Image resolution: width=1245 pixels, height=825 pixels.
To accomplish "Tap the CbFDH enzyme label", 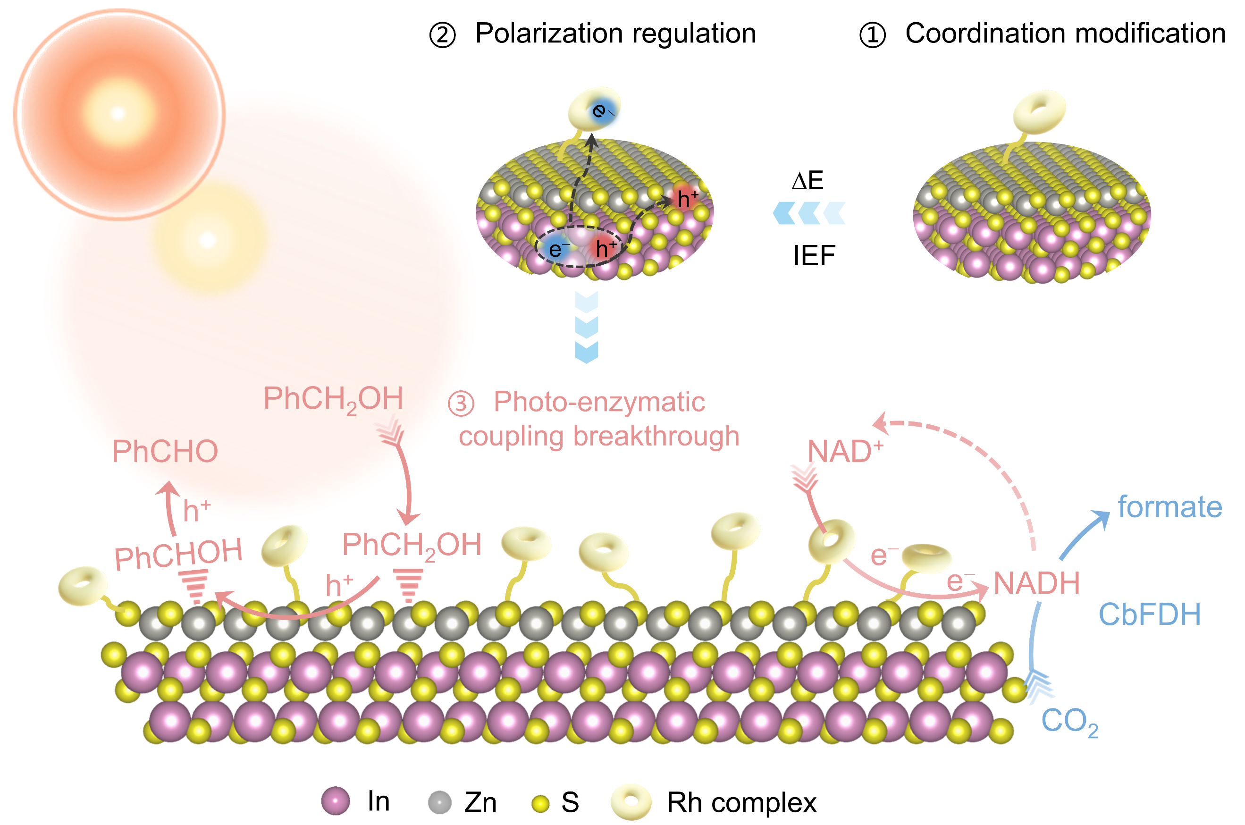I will [x=1149, y=615].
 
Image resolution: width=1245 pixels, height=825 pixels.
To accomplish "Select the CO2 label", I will [x=1069, y=721].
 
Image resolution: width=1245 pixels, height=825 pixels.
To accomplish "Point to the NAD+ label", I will [x=844, y=451].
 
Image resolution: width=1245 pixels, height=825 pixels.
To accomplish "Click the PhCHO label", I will [x=165, y=451].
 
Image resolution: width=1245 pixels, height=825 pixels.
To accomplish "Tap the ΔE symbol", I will [x=807, y=180].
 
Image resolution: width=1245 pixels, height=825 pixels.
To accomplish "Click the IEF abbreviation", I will [x=814, y=256].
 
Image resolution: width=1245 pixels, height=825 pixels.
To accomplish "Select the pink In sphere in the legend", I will [x=335, y=801].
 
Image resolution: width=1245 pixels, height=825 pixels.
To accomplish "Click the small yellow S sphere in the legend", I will [x=540, y=803].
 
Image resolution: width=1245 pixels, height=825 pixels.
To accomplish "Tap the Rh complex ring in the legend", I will [x=631, y=802].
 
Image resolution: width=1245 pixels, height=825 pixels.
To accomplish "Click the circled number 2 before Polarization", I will [x=442, y=35].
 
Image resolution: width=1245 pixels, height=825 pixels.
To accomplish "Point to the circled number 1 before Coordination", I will [x=872, y=35].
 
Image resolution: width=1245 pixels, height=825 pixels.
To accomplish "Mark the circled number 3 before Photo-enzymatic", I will [x=461, y=404].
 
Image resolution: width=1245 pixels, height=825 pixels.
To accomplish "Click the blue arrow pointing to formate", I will [x=1084, y=534].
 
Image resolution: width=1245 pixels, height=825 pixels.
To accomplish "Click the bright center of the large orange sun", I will [x=118, y=113].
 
